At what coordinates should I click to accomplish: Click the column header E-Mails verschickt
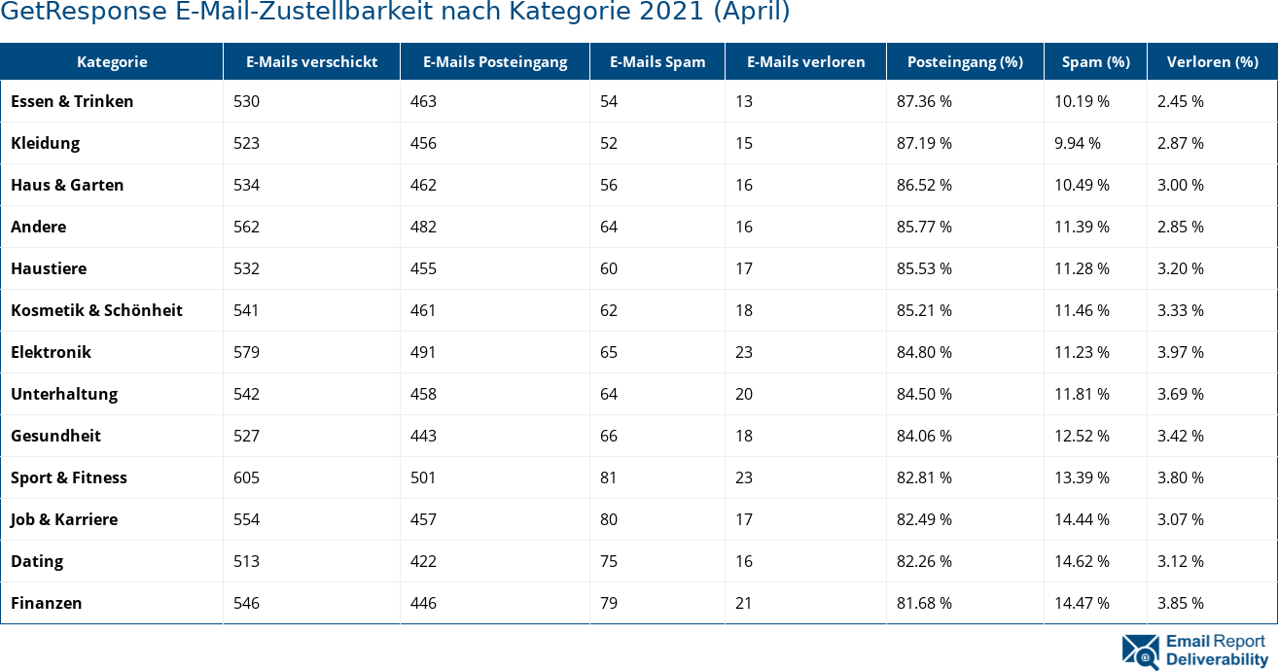click(311, 62)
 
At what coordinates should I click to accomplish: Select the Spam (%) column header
click(1095, 62)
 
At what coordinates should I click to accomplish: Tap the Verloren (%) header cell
click(1212, 62)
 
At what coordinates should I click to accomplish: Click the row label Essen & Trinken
click(72, 101)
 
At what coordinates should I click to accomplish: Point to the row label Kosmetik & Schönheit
click(96, 310)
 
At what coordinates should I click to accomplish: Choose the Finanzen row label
click(46, 603)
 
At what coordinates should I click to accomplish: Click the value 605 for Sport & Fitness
click(246, 477)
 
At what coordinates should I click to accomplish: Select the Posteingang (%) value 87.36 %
click(924, 101)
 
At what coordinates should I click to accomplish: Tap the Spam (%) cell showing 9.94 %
click(1077, 143)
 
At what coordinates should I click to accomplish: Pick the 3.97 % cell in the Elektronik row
click(1180, 352)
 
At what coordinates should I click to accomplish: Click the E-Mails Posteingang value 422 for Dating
click(423, 561)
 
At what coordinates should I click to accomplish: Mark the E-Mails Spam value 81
click(608, 477)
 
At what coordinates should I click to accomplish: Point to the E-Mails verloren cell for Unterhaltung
click(743, 394)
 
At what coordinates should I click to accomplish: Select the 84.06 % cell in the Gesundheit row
click(924, 436)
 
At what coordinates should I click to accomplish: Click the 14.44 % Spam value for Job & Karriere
click(1082, 519)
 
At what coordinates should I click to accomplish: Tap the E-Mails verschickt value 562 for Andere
click(246, 227)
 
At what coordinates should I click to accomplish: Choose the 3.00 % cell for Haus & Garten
click(1180, 185)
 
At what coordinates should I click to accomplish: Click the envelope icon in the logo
click(1140, 652)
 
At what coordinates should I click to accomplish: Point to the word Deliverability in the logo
click(1217, 659)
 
